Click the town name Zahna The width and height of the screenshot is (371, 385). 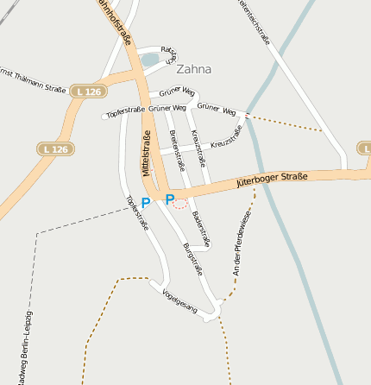pyautogui.click(x=193, y=69)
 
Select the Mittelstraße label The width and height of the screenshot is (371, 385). pyautogui.click(x=146, y=153)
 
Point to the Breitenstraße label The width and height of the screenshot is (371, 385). pyautogui.click(x=178, y=149)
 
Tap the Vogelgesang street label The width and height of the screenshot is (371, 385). pyautogui.click(x=179, y=301)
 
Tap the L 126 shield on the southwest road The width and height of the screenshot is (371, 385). pyautogui.click(x=54, y=149)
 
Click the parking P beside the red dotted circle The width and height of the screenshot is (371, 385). pyautogui.click(x=169, y=199)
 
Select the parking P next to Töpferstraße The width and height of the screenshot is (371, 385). pyautogui.click(x=145, y=203)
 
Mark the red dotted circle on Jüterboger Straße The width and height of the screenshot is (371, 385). pyautogui.click(x=179, y=203)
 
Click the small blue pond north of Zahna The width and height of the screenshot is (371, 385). pyautogui.click(x=149, y=60)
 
